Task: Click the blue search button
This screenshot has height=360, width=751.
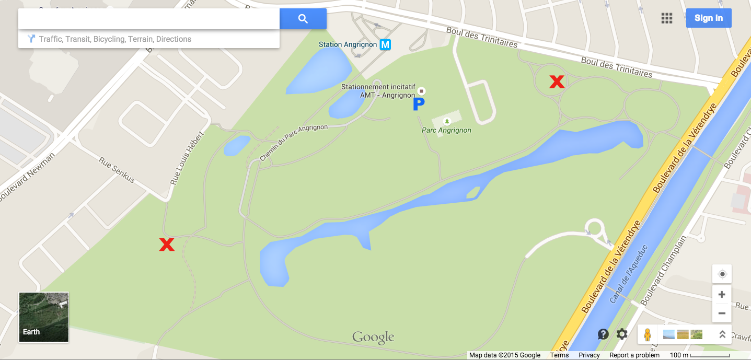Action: pyautogui.click(x=303, y=19)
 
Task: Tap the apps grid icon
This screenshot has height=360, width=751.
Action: pyautogui.click(x=666, y=18)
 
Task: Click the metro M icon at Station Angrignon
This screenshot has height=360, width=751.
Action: pyautogui.click(x=385, y=44)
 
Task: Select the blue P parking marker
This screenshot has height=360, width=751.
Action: pyautogui.click(x=419, y=104)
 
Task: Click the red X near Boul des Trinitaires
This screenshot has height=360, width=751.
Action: pyautogui.click(x=557, y=82)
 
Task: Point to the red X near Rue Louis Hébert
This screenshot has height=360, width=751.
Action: pyautogui.click(x=167, y=244)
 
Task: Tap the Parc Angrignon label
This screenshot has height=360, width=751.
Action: pyautogui.click(x=446, y=130)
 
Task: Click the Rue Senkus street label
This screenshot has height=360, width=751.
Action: pyautogui.click(x=117, y=170)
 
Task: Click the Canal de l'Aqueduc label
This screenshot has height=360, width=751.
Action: pyautogui.click(x=629, y=274)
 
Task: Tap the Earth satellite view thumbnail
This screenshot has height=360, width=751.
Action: pyautogui.click(x=44, y=317)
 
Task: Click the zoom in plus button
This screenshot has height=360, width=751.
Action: pyautogui.click(x=722, y=294)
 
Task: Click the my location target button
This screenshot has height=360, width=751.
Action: pyautogui.click(x=722, y=274)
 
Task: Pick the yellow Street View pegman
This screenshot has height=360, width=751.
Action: pyautogui.click(x=647, y=334)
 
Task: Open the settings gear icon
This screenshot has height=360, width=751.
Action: pyautogui.click(x=621, y=334)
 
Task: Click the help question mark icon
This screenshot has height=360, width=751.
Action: pyautogui.click(x=603, y=334)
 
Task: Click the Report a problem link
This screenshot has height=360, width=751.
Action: pyautogui.click(x=634, y=355)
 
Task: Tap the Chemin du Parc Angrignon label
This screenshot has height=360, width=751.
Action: pyautogui.click(x=294, y=142)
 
